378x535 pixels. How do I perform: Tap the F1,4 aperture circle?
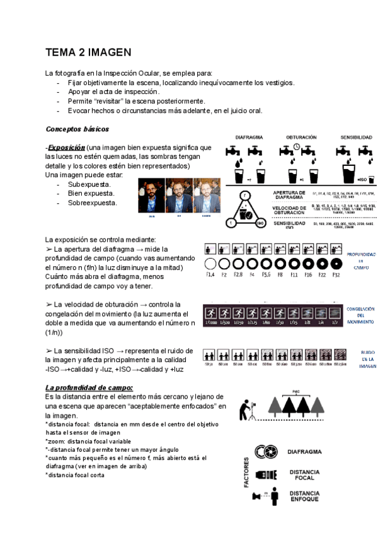[x=210, y=264]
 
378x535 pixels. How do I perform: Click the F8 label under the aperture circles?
[x=280, y=275]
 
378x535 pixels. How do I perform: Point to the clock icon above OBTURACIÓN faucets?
[x=296, y=147]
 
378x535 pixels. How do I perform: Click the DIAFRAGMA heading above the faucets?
[x=249, y=137]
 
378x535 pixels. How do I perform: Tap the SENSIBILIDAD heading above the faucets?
[x=356, y=137]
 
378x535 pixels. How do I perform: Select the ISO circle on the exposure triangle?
[x=260, y=222]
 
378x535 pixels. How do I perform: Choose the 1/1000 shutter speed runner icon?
[x=210, y=312]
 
